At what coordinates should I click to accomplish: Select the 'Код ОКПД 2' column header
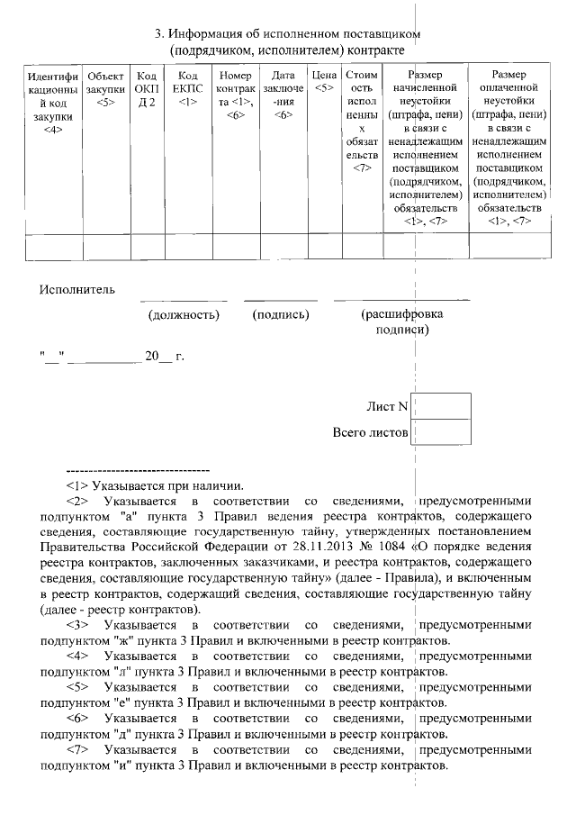pyautogui.click(x=145, y=90)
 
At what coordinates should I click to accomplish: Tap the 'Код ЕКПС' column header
pyautogui.click(x=187, y=90)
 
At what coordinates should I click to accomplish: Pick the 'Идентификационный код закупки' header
pyautogui.click(x=52, y=103)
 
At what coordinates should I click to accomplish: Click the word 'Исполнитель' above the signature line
pyautogui.click(x=77, y=289)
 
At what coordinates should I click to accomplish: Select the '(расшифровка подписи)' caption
pyautogui.click(x=401, y=321)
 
